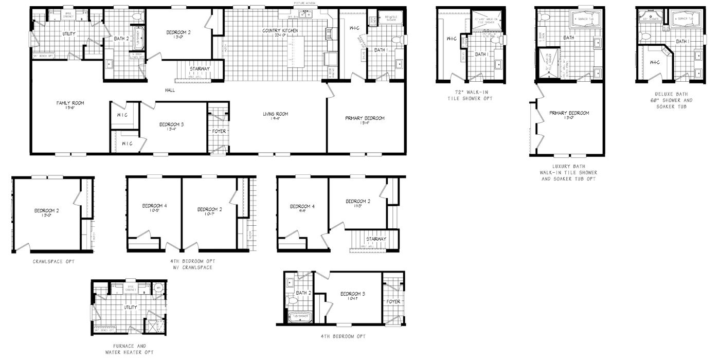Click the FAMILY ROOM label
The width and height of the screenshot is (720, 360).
point(70,103)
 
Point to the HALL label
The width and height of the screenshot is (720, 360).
point(170,90)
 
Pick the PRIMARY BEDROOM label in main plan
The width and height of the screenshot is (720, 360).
point(365,118)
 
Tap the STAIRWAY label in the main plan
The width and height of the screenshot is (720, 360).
point(199,68)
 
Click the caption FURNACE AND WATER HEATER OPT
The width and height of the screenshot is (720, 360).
point(126,349)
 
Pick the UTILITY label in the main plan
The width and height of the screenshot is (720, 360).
point(69,33)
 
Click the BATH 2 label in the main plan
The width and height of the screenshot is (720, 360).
point(121,39)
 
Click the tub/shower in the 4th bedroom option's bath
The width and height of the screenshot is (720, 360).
point(298,316)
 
